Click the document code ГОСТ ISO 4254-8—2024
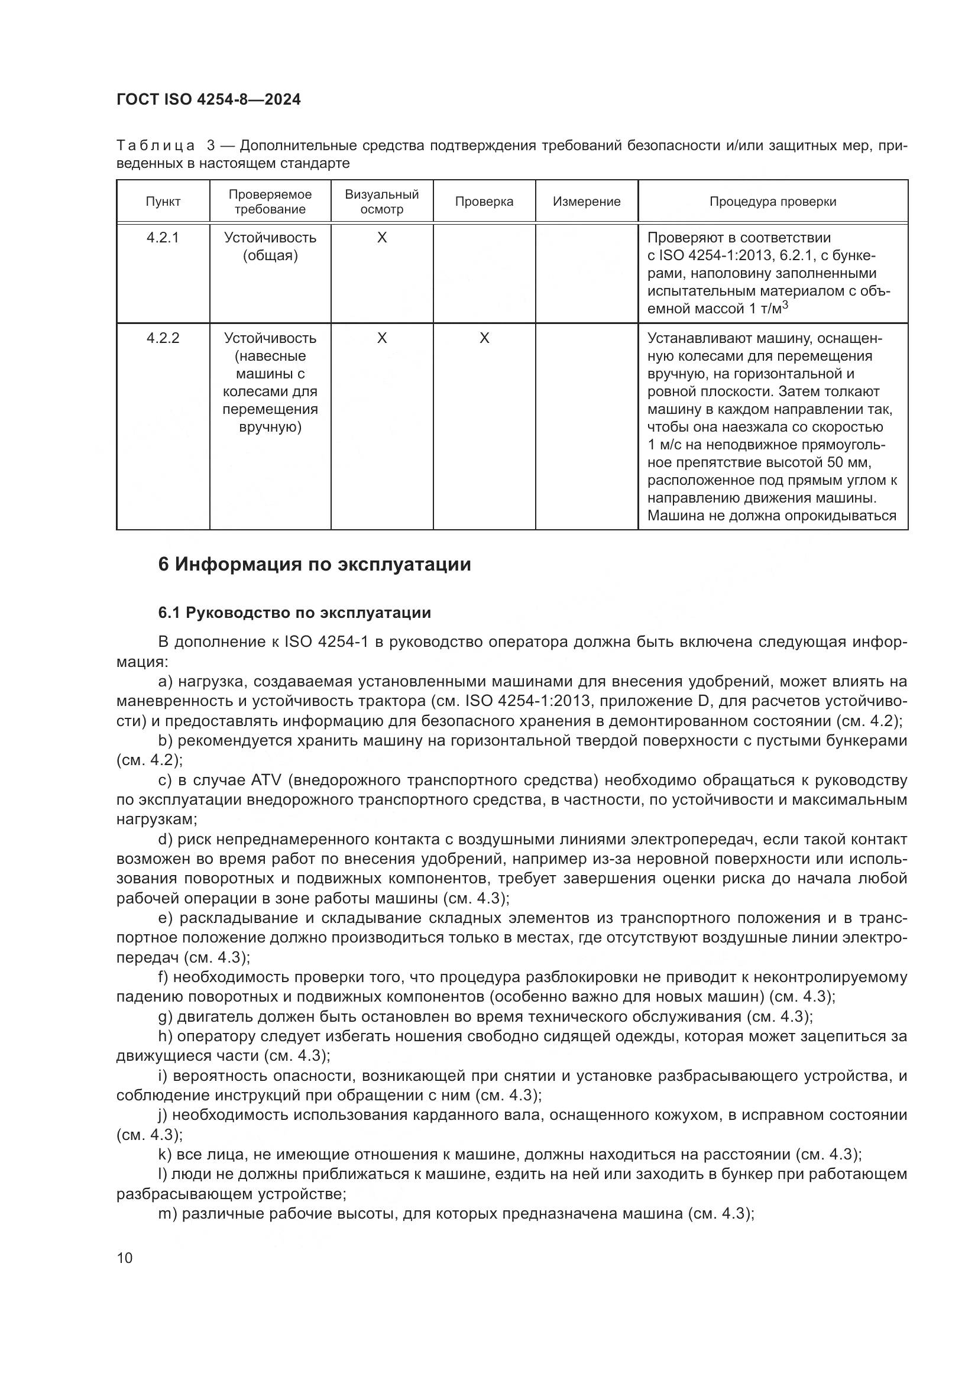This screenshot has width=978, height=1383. pyautogui.click(x=208, y=100)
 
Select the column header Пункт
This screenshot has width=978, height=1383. pyautogui.click(x=163, y=202)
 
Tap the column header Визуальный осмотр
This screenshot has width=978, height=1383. pyautogui.click(x=382, y=202)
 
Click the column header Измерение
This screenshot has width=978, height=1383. pyautogui.click(x=587, y=202)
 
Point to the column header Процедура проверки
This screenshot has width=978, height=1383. pyautogui.click(x=773, y=202)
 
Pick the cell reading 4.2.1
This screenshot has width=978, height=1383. pyautogui.click(x=163, y=237)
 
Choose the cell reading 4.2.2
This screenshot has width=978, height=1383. pyautogui.click(x=163, y=338)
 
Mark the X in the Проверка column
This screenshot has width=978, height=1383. pyautogui.click(x=484, y=339)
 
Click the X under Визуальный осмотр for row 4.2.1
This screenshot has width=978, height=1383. pyautogui.click(x=382, y=238)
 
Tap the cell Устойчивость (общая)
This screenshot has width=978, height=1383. pyautogui.click(x=270, y=247)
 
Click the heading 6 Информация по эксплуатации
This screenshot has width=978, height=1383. pyautogui.click(x=315, y=565)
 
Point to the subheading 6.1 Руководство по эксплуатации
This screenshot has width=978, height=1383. pyautogui.click(x=294, y=613)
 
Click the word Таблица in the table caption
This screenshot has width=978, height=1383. pyautogui.click(x=156, y=146)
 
